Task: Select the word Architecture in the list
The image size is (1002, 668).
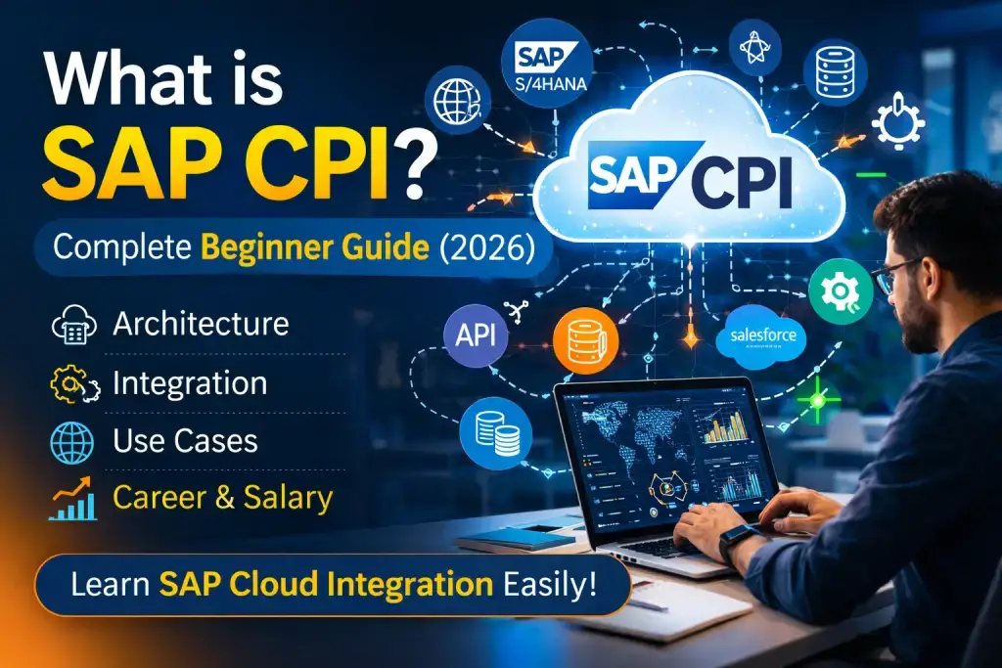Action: tap(201, 324)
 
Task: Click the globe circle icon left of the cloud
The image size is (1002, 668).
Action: tap(457, 100)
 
